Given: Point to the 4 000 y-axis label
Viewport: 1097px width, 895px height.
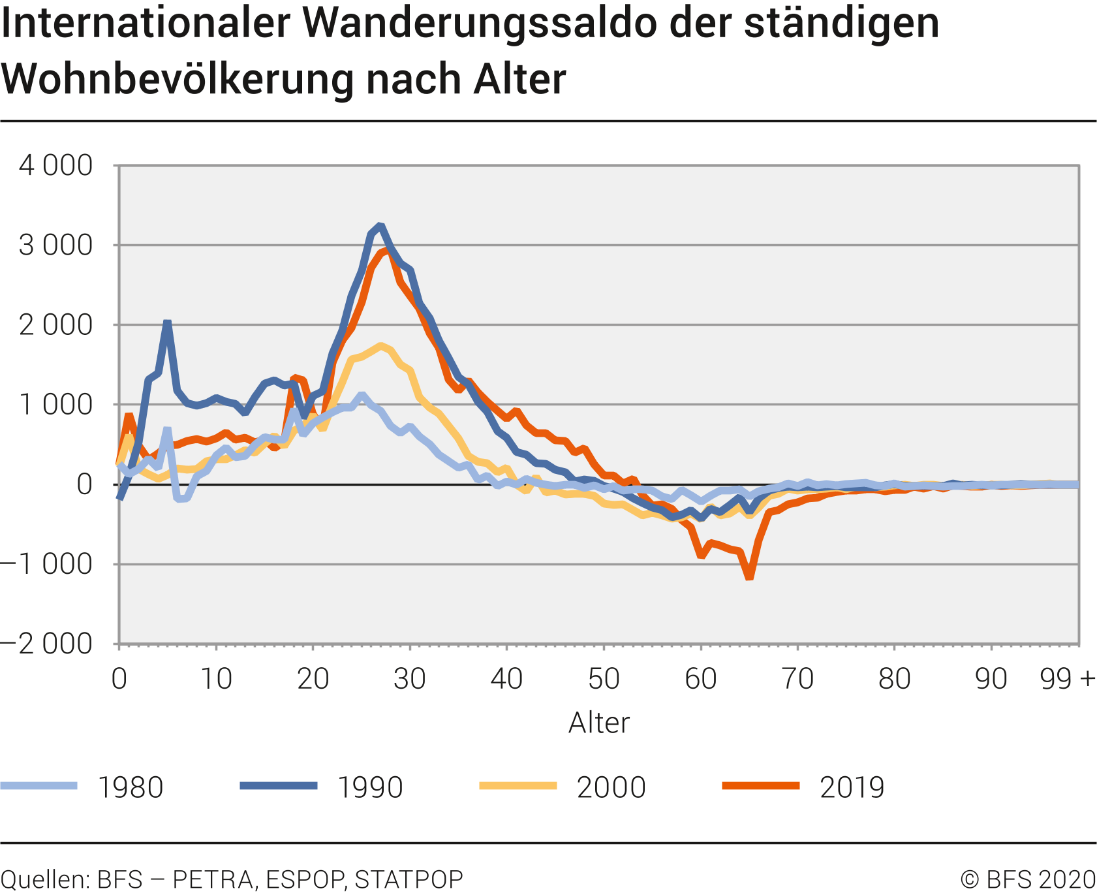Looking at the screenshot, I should [56, 166].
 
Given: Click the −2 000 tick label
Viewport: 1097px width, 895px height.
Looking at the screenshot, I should [47, 644].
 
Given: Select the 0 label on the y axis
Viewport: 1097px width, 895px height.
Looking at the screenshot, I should [84, 484].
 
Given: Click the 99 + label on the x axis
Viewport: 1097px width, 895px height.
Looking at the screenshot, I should [1067, 680].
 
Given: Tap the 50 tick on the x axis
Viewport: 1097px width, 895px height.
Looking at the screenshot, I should [604, 680].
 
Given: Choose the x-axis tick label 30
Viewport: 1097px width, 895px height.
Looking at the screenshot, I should [410, 680].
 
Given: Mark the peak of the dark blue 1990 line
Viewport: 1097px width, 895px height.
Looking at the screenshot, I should [380, 226].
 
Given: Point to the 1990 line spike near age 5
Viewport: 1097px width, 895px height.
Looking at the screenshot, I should [168, 322].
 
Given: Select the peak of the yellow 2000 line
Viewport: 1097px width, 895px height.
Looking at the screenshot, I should [380, 345].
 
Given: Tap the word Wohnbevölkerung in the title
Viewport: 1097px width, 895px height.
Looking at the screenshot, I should [177, 80].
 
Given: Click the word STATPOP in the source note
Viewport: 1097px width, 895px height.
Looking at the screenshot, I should [409, 879].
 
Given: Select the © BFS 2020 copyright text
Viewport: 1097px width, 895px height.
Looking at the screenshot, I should [1028, 879].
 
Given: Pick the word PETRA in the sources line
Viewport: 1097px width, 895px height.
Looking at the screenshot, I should [214, 879].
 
